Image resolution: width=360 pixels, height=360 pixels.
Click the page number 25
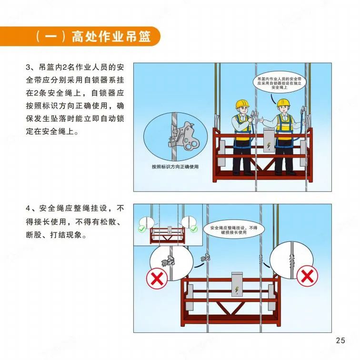340,340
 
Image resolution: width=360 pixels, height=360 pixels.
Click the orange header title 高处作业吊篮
111,37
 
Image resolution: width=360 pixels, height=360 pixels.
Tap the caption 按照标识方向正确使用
175,167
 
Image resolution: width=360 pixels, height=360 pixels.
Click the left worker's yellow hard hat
242,104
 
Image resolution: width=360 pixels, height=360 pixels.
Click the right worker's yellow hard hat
283,103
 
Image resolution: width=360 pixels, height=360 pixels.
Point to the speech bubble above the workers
279,82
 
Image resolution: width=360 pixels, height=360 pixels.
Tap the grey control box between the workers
269,140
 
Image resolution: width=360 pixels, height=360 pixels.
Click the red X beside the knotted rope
157,278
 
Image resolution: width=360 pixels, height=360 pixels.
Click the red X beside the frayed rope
307,276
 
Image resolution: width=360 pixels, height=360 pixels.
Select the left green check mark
141,229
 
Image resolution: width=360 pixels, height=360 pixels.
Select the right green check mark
194,229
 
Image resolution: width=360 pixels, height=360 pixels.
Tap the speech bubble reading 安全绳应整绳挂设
234,230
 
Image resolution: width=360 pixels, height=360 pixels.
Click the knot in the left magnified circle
169,261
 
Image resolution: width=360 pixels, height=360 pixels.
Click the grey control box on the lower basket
237,284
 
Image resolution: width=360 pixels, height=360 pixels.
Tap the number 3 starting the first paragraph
28,67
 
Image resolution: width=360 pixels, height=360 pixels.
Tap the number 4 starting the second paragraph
28,209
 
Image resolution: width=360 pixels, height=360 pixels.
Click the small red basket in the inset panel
167,235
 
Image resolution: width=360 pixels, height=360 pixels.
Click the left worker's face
242,111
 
